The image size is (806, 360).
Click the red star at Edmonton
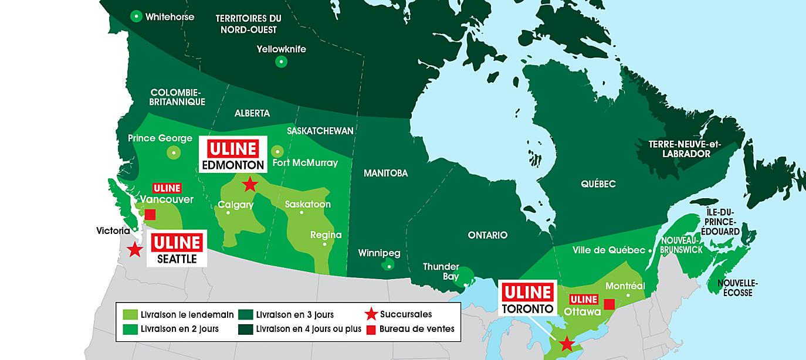pyautogui.click(x=249, y=185)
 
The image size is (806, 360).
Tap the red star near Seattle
pyautogui.click(x=134, y=249)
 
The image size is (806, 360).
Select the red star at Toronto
pyautogui.click(x=566, y=343)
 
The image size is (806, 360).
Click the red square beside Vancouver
pyautogui.click(x=150, y=215)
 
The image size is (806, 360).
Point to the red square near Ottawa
pyautogui.click(x=609, y=304)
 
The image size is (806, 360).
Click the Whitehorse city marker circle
pyautogui.click(x=137, y=17)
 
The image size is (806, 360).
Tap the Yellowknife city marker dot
pyautogui.click(x=281, y=62)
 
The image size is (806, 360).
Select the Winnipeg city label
pyautogui.click(x=379, y=253)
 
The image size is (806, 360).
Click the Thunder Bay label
pyautogui.click(x=441, y=271)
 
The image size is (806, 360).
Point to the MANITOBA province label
pyautogui.click(x=385, y=173)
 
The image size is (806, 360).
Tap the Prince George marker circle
pyautogui.click(x=174, y=153)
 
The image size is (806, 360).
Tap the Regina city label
pyautogui.click(x=326, y=235)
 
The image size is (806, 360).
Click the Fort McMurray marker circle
pyautogui.click(x=277, y=151)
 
